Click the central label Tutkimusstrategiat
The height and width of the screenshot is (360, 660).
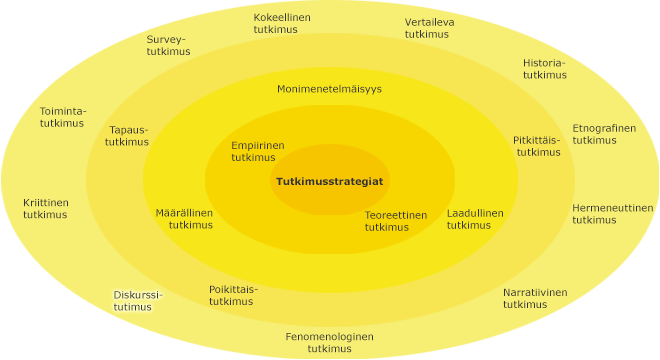tap(329, 181)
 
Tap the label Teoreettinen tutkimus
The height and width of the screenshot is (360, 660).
tap(395, 221)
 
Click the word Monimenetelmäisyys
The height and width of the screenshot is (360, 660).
tap(329, 89)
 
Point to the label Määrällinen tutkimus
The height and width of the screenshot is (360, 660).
tap(184, 219)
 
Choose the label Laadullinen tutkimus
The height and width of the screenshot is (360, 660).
tap(474, 219)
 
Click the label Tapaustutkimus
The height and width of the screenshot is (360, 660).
tap(127, 135)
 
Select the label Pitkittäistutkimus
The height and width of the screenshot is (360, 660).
tap(538, 146)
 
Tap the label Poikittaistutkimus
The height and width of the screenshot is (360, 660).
tap(232, 295)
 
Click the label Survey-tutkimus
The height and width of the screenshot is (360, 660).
tap(167, 45)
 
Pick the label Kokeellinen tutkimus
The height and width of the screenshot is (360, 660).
tap(281, 24)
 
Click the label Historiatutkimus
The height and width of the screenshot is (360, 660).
tap(544, 68)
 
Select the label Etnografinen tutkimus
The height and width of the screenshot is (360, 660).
tap(603, 134)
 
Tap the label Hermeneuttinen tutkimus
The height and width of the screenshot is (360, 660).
tap(612, 214)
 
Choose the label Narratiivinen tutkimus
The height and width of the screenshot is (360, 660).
tap(534, 298)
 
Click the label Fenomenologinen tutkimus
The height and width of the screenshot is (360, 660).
tap(329, 342)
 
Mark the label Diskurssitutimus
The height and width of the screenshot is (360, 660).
tap(137, 301)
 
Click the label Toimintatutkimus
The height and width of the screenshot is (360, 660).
tap(62, 116)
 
